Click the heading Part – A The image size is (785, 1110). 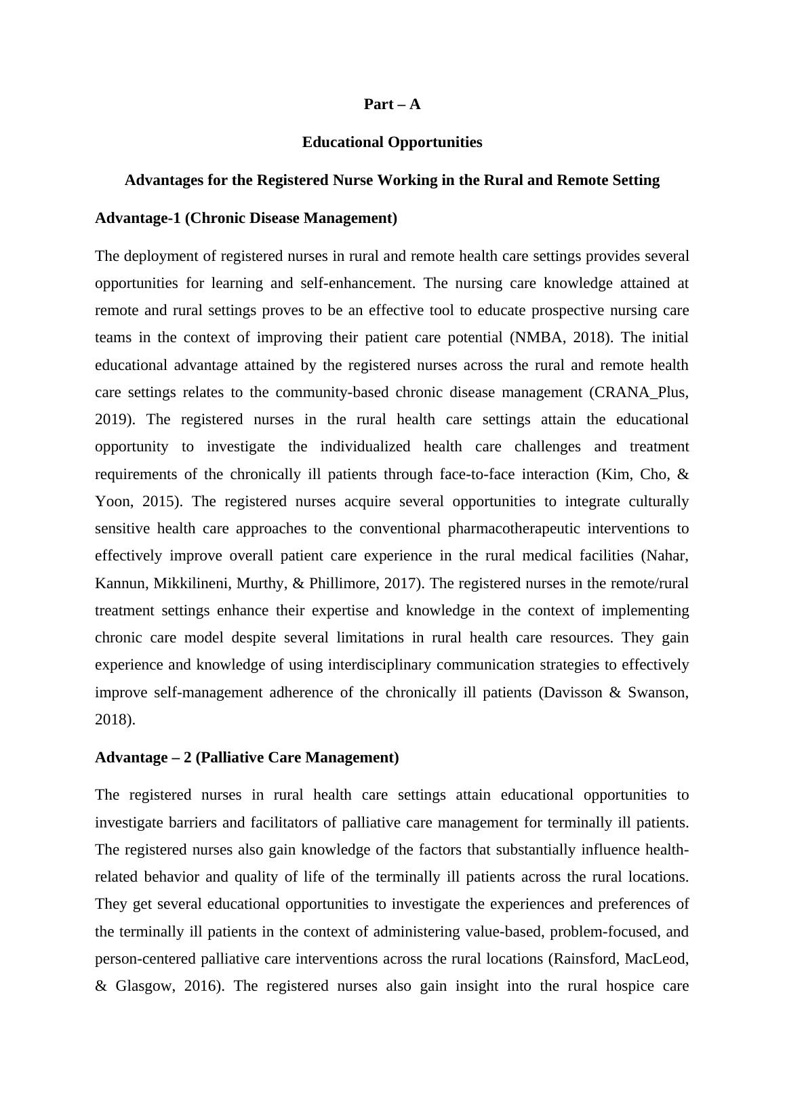click(392, 104)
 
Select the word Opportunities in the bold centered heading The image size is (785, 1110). click(436, 142)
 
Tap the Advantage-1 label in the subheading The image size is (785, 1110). click(138, 218)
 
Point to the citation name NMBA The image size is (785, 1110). click(536, 337)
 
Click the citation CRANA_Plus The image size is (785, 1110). click(639, 392)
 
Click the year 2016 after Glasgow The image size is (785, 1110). click(203, 986)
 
